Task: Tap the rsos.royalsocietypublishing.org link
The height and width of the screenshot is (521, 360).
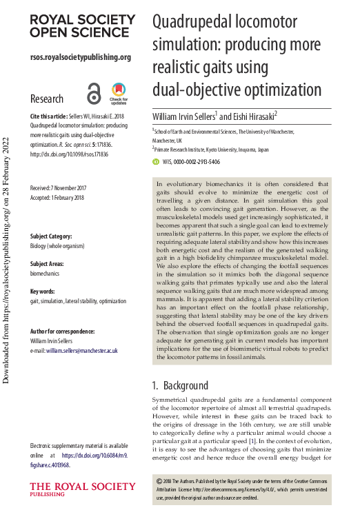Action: (81, 57)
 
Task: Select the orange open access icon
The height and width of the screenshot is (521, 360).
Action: (94, 93)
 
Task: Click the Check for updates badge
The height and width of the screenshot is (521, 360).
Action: (119, 92)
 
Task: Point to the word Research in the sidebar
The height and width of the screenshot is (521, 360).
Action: (47, 99)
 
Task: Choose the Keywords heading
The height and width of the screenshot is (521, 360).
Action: (42, 292)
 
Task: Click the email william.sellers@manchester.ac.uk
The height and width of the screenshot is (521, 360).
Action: (82, 350)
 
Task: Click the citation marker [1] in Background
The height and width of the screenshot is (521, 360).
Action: (253, 440)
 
